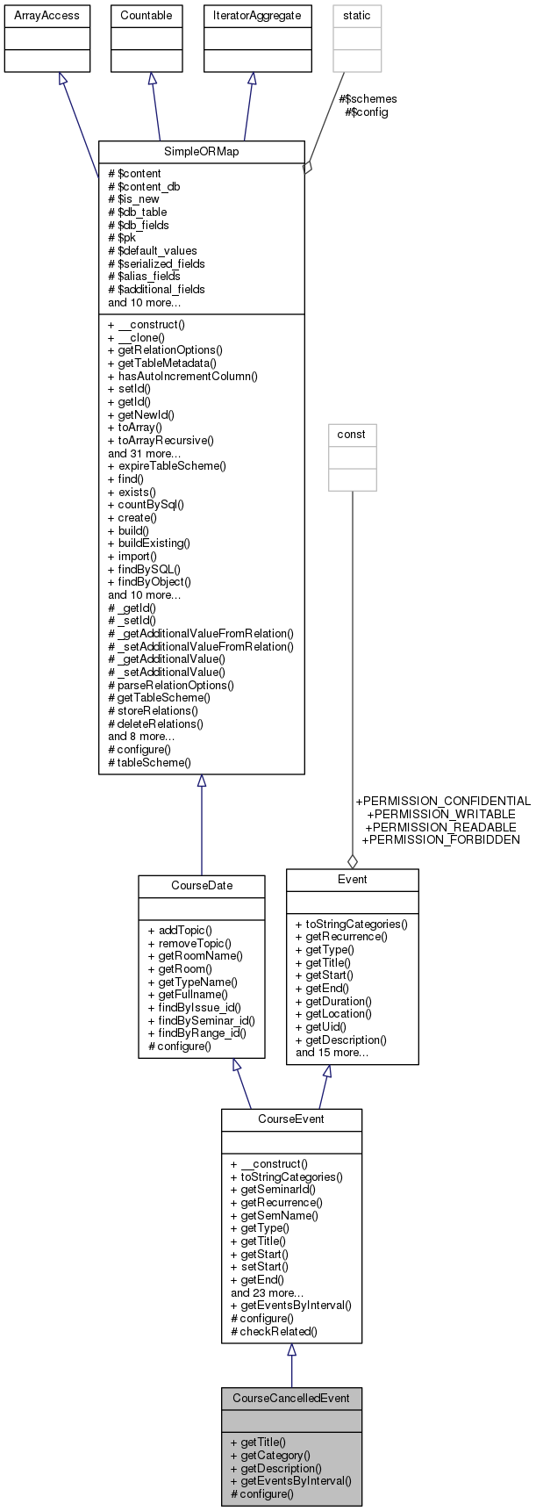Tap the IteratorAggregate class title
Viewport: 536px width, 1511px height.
tap(257, 15)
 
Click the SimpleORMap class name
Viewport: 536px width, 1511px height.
tap(201, 151)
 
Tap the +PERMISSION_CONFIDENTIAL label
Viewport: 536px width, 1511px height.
tap(443, 801)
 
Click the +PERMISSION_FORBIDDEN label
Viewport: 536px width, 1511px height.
tap(440, 839)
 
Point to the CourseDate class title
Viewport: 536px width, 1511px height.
tap(201, 885)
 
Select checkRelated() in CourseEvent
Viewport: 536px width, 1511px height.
tap(274, 1331)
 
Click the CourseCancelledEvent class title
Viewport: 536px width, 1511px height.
tap(290, 1398)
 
